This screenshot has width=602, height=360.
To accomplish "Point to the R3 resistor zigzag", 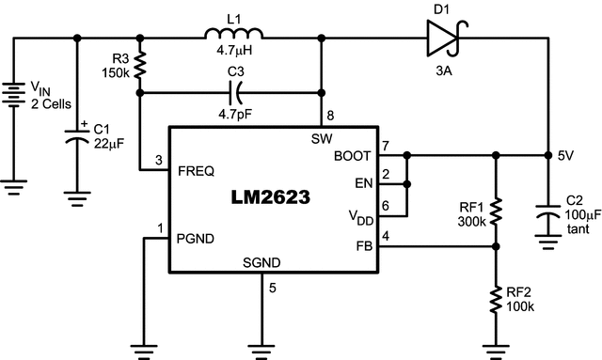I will pyautogui.click(x=140, y=66).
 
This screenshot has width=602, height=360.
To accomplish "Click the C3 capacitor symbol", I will pyautogui.click(x=236, y=92).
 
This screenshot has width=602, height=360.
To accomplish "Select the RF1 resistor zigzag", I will pyautogui.click(x=496, y=211).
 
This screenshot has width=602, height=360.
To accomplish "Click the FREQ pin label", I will pyautogui.click(x=197, y=171).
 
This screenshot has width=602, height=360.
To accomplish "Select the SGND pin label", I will pyautogui.click(x=261, y=262).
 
